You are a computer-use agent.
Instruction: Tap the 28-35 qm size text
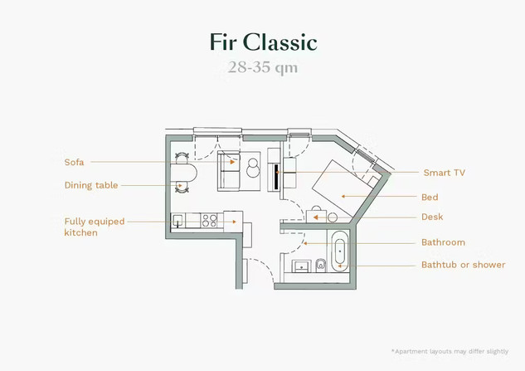(x=262, y=68)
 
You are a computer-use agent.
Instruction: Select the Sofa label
(x=74, y=162)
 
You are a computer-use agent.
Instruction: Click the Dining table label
(x=91, y=185)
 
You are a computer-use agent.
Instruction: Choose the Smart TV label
(x=449, y=173)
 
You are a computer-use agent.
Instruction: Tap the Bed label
(x=429, y=198)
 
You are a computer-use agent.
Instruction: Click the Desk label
(x=432, y=217)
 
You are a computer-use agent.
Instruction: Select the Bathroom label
(x=443, y=242)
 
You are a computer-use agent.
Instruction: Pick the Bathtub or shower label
(x=463, y=266)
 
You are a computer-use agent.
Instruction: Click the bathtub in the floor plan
(x=339, y=251)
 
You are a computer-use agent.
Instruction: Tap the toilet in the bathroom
(x=321, y=266)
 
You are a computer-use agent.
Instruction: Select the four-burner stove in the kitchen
(x=210, y=221)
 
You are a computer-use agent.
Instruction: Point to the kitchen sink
(x=178, y=221)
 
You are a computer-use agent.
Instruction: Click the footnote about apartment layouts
(x=451, y=352)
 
